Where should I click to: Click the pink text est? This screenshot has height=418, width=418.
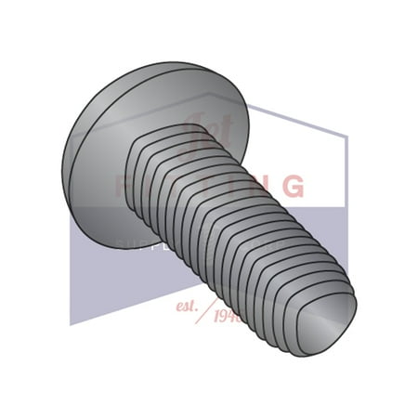click(187, 304)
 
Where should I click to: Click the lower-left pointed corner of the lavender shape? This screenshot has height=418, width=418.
click(72, 324)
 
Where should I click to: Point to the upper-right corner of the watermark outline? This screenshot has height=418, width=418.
click(346, 137)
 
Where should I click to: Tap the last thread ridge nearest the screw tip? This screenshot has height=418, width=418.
click(307, 316)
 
